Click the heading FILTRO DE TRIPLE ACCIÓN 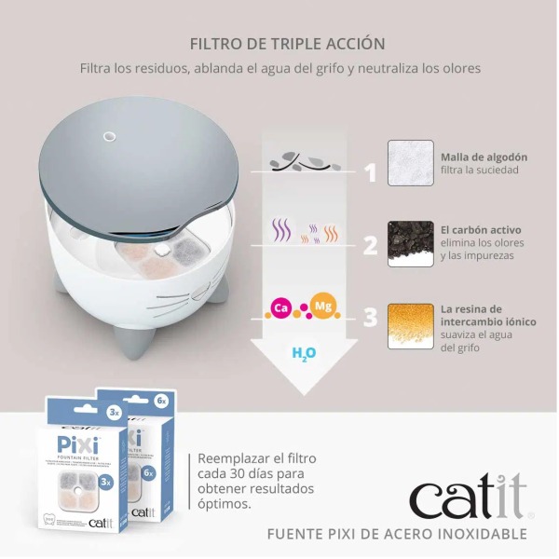pos(287,44)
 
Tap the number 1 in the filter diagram pos(371,173)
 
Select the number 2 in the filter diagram pos(371,246)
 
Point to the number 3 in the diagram pos(371,318)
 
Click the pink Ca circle pos(279,307)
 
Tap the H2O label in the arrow pos(304,354)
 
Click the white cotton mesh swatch pos(411,163)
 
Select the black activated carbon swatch pos(411,243)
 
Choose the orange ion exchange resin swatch pos(411,325)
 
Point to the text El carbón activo pos(482,229)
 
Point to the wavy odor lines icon pos(299,232)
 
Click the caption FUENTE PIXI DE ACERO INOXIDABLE pos(397,535)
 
